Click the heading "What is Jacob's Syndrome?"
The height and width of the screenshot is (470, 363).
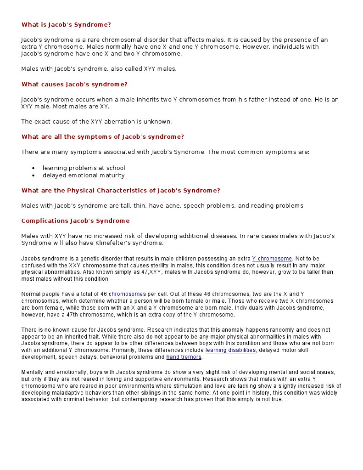[x=66, y=25]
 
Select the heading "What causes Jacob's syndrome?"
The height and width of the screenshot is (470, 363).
[x=74, y=85]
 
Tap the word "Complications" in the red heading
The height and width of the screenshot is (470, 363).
[x=43, y=221]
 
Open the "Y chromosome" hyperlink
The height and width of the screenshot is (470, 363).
[x=272, y=259]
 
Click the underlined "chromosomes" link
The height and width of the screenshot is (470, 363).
[x=127, y=294]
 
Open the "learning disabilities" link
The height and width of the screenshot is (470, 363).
[x=230, y=350]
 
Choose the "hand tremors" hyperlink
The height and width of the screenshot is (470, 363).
[x=184, y=357]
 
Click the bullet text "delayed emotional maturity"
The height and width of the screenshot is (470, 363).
[x=84, y=176]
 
